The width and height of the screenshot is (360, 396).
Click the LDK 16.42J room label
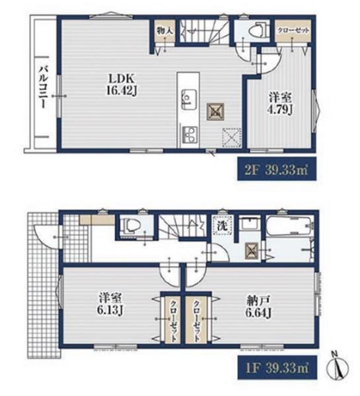point(122,84)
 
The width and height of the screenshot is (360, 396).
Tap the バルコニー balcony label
point(43,87)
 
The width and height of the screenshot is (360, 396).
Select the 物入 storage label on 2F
point(164,31)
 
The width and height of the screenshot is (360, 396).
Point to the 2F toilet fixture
point(258,31)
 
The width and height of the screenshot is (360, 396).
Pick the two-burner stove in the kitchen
point(189,135)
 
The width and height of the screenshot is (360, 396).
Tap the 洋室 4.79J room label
point(280,104)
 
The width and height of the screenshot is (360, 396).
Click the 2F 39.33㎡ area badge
point(277,169)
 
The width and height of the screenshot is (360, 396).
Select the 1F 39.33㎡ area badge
point(277,368)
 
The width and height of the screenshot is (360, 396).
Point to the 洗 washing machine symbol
point(223,225)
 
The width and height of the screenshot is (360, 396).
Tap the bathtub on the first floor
point(289,225)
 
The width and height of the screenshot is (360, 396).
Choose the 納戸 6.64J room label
point(258,307)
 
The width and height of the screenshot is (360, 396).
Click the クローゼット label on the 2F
point(293,30)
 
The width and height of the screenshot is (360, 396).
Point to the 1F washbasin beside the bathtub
point(248,223)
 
